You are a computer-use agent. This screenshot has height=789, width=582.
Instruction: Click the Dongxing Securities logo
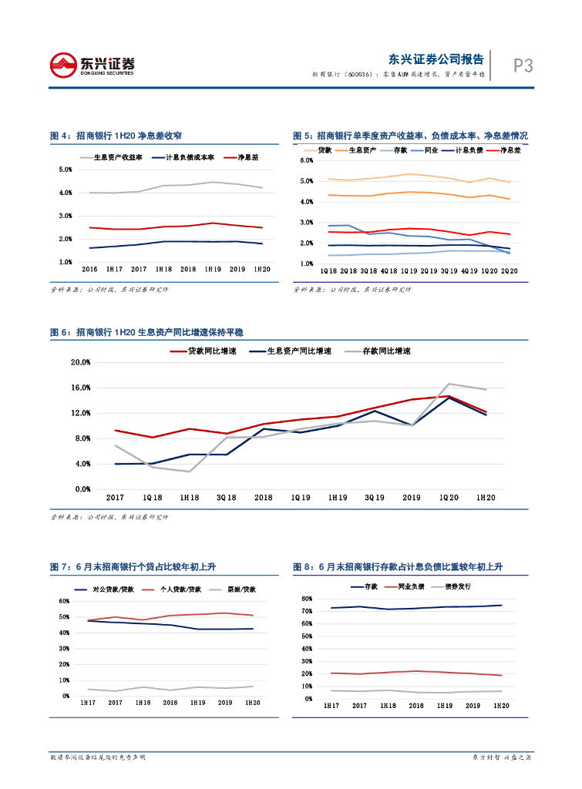92,65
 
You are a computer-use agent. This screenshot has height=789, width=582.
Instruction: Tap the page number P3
523,66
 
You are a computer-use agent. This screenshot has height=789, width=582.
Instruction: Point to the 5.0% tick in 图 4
66,169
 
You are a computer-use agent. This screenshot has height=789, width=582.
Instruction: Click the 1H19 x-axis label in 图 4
213,270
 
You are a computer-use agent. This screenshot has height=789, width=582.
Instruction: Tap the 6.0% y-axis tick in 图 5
306,160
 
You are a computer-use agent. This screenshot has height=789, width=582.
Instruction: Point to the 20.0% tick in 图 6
80,362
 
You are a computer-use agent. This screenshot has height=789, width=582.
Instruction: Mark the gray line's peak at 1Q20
449,384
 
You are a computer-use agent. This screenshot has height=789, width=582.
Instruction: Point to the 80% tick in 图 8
307,599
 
